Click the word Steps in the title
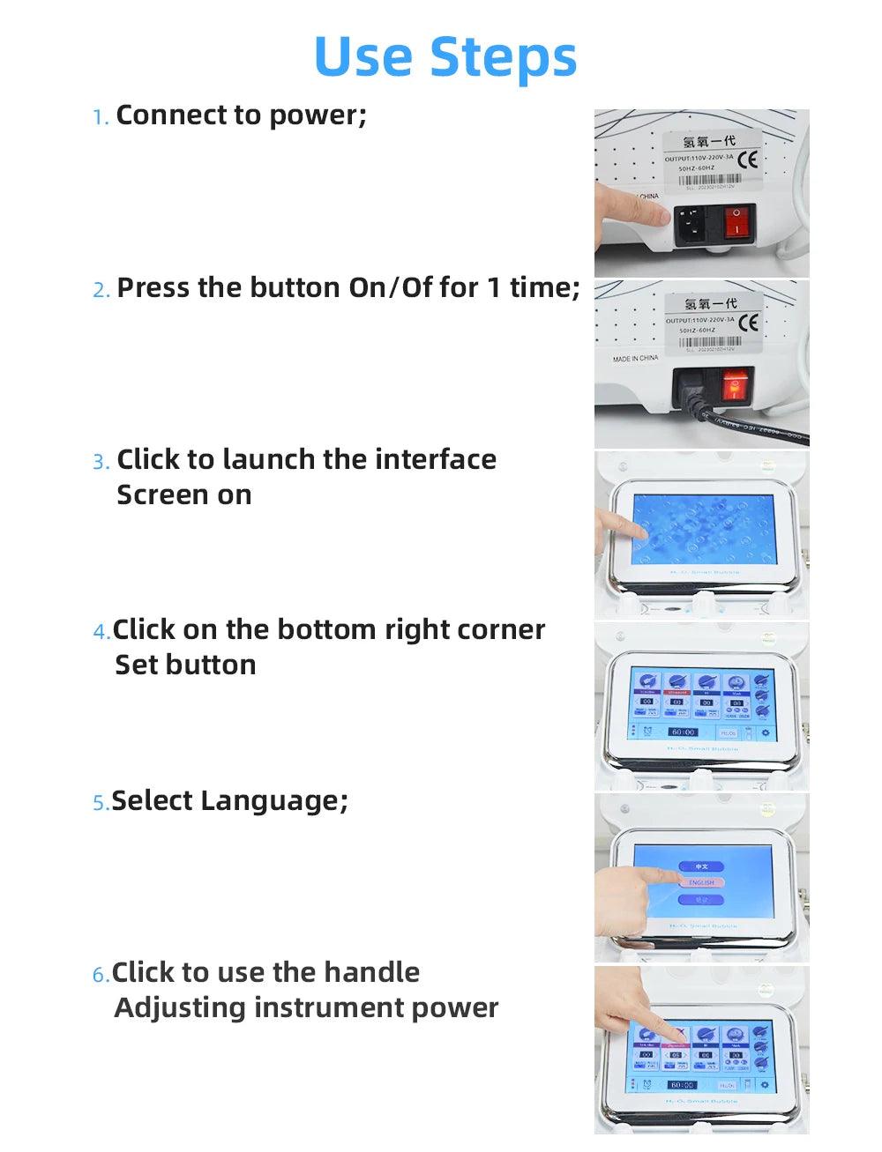click(x=503, y=58)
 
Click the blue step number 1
click(x=100, y=117)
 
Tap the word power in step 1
click(x=316, y=115)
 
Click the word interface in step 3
click(x=435, y=459)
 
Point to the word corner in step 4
click(x=501, y=629)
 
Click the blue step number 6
click(x=100, y=975)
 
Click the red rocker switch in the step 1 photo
click(x=739, y=223)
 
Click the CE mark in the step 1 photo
click(x=747, y=160)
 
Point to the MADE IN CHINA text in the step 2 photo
click(x=635, y=359)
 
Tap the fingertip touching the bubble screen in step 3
click(x=641, y=533)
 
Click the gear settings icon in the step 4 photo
click(x=764, y=733)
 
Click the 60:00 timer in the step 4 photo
click(x=683, y=732)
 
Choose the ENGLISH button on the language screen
click(x=701, y=882)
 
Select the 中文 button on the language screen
click(x=701, y=866)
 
